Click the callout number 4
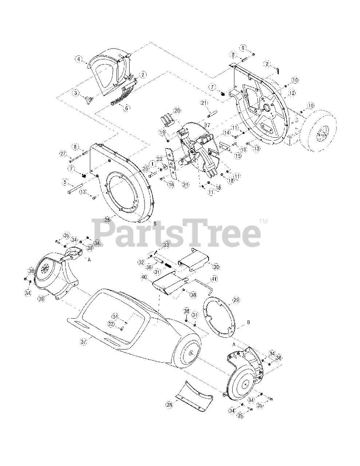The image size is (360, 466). coord(78,59)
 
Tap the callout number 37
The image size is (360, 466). coord(84,342)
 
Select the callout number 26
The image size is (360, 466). coord(107,220)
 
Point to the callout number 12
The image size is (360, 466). coord(292,94)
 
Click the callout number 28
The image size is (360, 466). coord(169,404)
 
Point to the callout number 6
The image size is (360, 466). coord(126,108)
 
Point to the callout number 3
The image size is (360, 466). coord(76,93)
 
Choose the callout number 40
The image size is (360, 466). coord(145,277)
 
